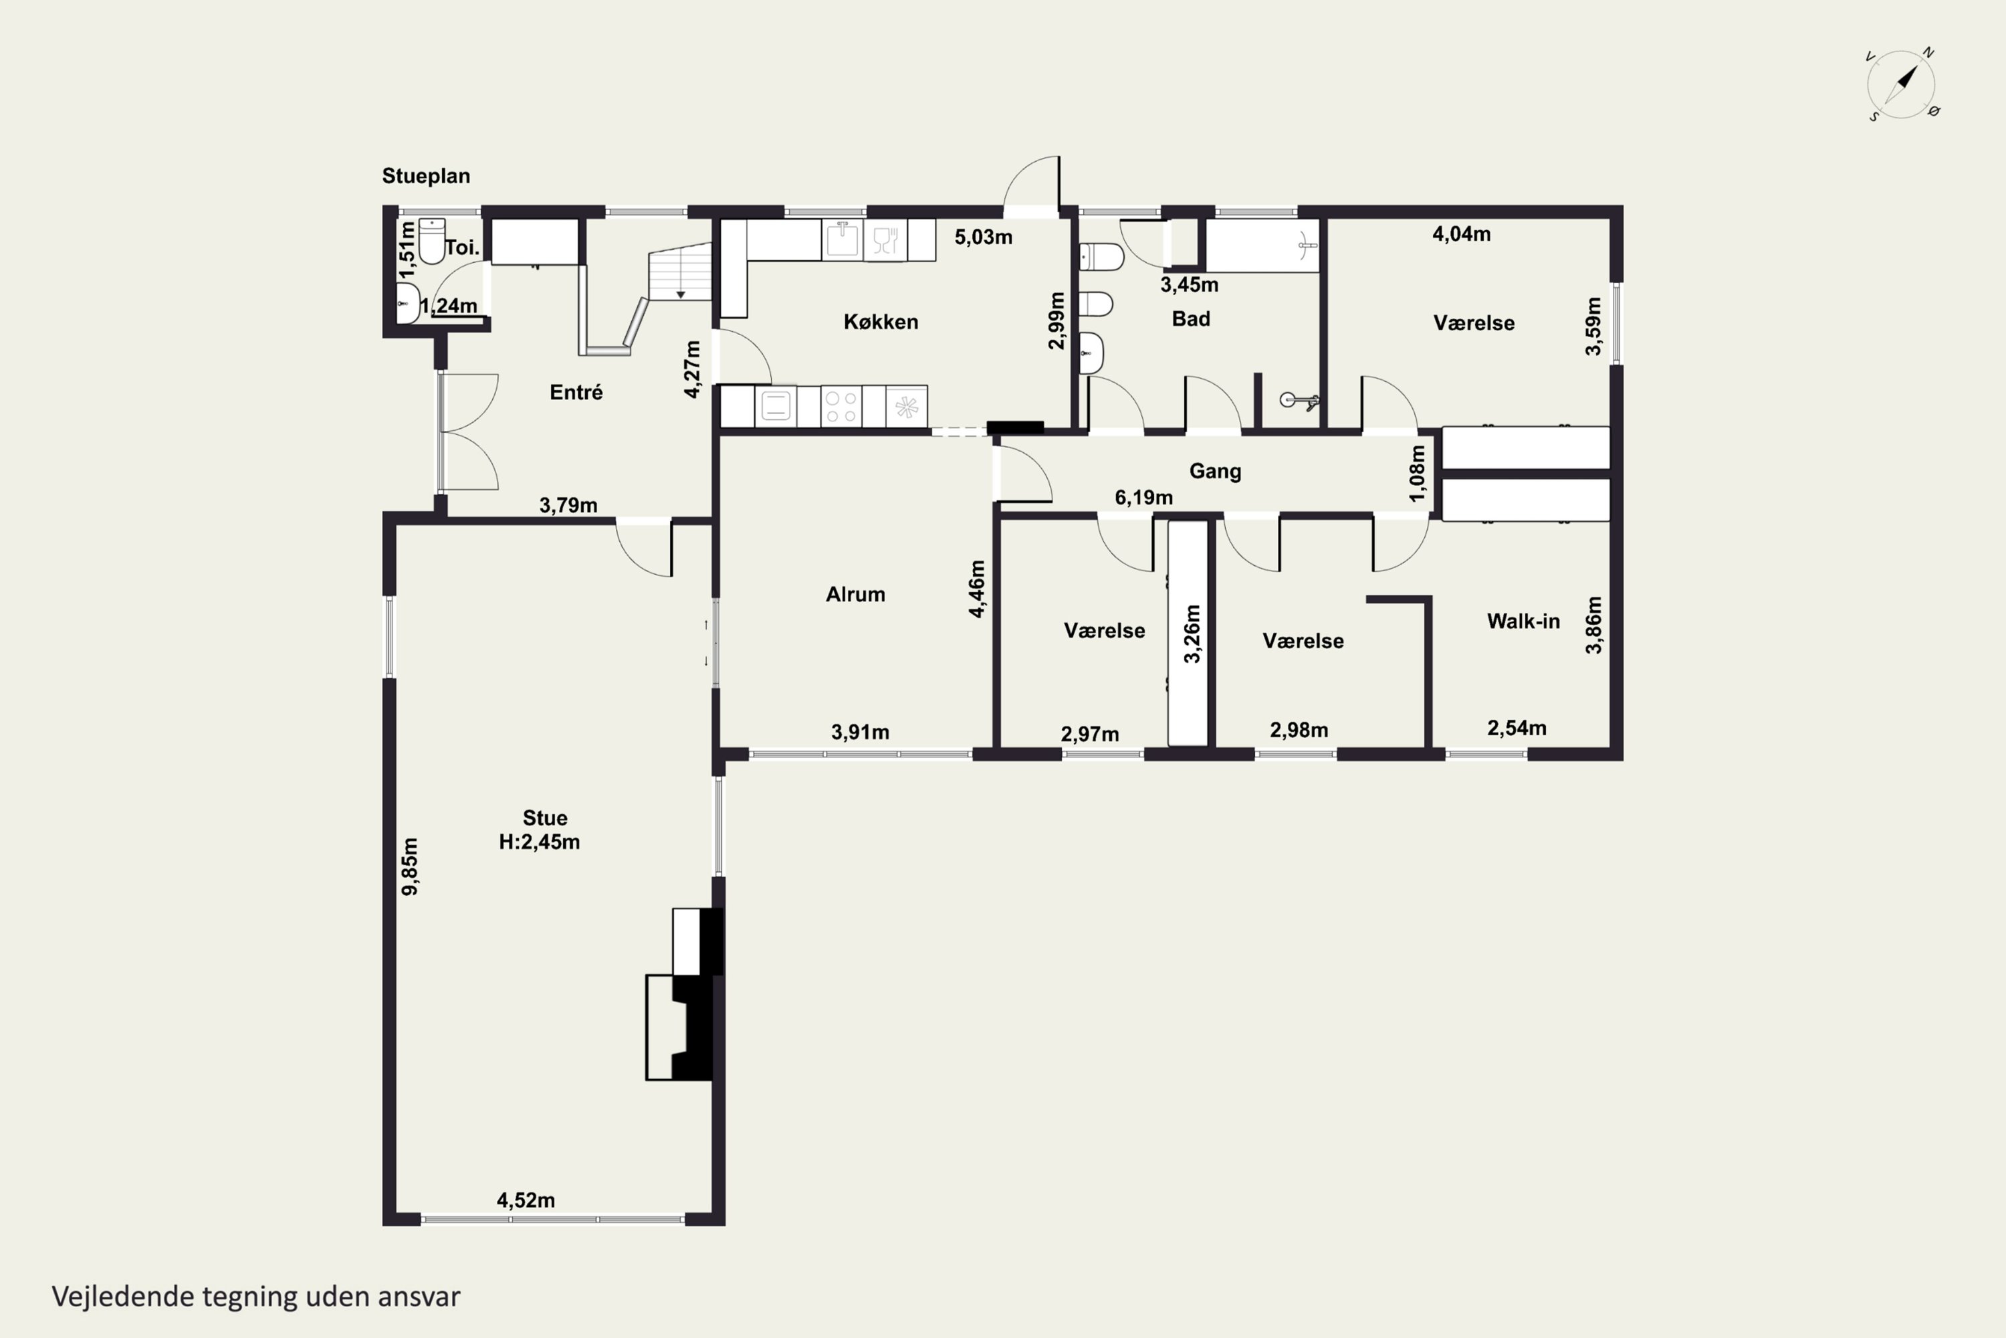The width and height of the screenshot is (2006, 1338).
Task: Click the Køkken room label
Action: [881, 322]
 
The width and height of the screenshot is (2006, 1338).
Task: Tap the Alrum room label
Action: [855, 594]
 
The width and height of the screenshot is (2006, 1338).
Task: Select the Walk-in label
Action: [1523, 622]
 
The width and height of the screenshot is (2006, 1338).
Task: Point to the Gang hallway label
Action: [1216, 471]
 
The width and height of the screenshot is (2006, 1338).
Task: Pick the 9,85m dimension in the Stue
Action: [411, 866]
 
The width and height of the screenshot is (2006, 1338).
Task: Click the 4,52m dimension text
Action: [526, 1201]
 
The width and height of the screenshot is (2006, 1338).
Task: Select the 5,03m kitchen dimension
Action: [984, 237]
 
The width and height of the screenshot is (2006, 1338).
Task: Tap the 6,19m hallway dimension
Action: [1143, 498]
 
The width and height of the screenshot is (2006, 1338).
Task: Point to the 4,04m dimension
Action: [1462, 233]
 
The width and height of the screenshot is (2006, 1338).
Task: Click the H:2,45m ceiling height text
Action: [539, 842]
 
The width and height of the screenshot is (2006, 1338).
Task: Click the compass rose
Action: [1902, 84]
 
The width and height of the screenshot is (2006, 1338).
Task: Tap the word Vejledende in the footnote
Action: [123, 1297]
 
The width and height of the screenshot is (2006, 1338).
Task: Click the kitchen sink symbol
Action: [843, 240]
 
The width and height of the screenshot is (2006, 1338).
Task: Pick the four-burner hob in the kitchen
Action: [841, 406]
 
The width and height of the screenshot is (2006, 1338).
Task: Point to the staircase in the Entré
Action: [680, 272]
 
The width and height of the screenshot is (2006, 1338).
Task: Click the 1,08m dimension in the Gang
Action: [1418, 474]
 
